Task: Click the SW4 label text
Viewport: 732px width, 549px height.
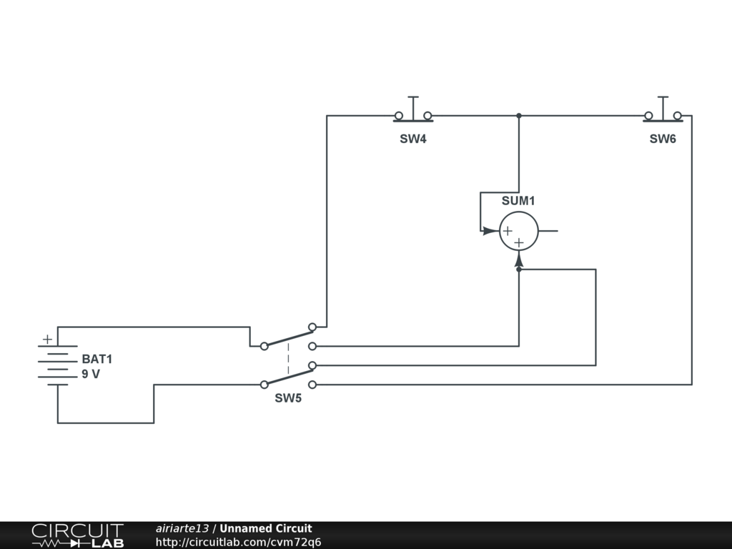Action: tap(413, 139)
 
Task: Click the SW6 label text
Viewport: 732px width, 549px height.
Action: tap(663, 139)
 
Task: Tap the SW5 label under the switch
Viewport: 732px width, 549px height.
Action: tap(288, 398)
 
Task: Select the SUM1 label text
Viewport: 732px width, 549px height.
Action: tap(518, 201)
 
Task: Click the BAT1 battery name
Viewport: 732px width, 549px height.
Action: tap(97, 360)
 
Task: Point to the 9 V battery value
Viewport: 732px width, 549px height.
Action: tap(91, 374)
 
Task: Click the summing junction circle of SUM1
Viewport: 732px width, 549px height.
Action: tap(518, 232)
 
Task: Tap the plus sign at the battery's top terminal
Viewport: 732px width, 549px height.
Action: tap(47, 340)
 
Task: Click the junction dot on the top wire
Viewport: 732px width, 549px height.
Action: tap(519, 116)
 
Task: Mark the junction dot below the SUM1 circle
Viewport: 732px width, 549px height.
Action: tap(519, 269)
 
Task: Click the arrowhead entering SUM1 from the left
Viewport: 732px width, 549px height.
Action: tap(490, 231)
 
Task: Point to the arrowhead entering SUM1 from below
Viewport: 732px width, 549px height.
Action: tap(519, 259)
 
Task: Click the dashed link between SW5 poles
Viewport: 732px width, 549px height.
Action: tap(288, 358)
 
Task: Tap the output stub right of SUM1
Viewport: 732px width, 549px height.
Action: tap(548, 232)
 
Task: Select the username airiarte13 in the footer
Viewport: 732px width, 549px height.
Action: tap(182, 529)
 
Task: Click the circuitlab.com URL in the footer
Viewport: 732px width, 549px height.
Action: tap(238, 542)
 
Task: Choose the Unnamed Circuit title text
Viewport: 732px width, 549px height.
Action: tap(266, 529)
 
